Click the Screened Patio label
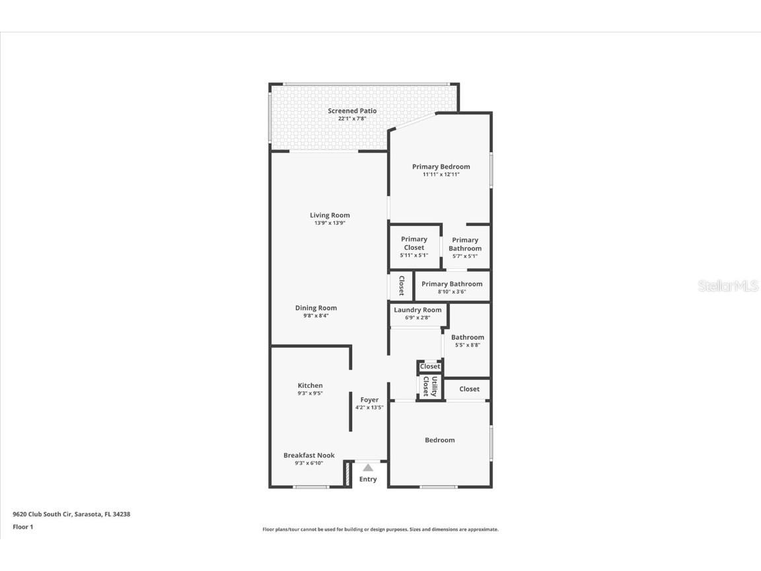352,111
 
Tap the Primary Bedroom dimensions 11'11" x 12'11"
441,175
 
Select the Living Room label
330,215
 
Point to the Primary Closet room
414,247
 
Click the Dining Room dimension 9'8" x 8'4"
316,316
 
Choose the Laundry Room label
417,310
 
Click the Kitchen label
310,386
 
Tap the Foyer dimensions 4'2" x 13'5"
369,408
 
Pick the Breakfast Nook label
308,455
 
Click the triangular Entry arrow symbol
368,468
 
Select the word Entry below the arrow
368,479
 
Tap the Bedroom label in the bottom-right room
439,440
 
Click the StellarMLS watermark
729,286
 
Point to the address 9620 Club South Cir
71,514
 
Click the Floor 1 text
22,527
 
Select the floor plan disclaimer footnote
380,529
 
